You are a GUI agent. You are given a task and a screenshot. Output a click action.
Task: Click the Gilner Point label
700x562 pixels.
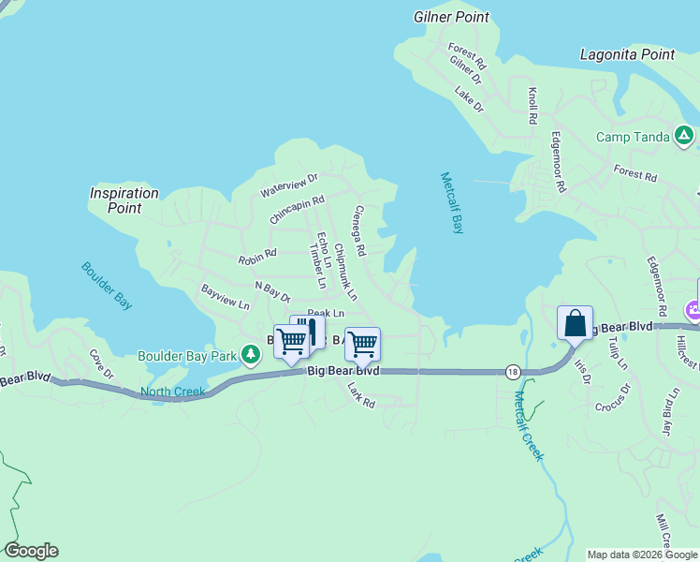point(451,17)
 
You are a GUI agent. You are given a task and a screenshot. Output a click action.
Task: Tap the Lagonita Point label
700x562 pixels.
point(627,54)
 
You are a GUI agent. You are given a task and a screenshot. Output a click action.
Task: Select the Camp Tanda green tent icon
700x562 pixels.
point(685,137)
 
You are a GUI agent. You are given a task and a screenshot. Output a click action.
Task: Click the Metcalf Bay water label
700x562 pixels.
point(451,203)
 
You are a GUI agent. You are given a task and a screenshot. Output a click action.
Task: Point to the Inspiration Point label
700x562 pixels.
point(124,200)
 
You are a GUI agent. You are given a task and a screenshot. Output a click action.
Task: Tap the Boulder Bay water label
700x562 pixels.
point(106,285)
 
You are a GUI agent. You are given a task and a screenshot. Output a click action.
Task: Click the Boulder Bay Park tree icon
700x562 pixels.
point(250,355)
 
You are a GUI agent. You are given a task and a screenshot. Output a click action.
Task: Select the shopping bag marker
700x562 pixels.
point(575,324)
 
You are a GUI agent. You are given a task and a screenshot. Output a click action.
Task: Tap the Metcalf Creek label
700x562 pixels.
point(528,425)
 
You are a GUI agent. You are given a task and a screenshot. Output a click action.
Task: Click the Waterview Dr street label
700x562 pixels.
point(289,185)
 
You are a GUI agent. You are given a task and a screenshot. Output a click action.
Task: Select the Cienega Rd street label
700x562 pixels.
point(357,232)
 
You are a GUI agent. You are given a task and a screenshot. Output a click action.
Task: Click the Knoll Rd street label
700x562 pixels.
point(532,107)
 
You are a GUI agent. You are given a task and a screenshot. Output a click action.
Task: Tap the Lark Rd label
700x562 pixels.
point(360,394)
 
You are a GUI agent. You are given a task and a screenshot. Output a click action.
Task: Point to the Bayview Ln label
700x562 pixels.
point(225,298)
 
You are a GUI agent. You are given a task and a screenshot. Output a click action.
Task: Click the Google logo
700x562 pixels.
point(31,551)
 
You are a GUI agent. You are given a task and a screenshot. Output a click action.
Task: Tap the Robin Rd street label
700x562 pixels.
point(257,254)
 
